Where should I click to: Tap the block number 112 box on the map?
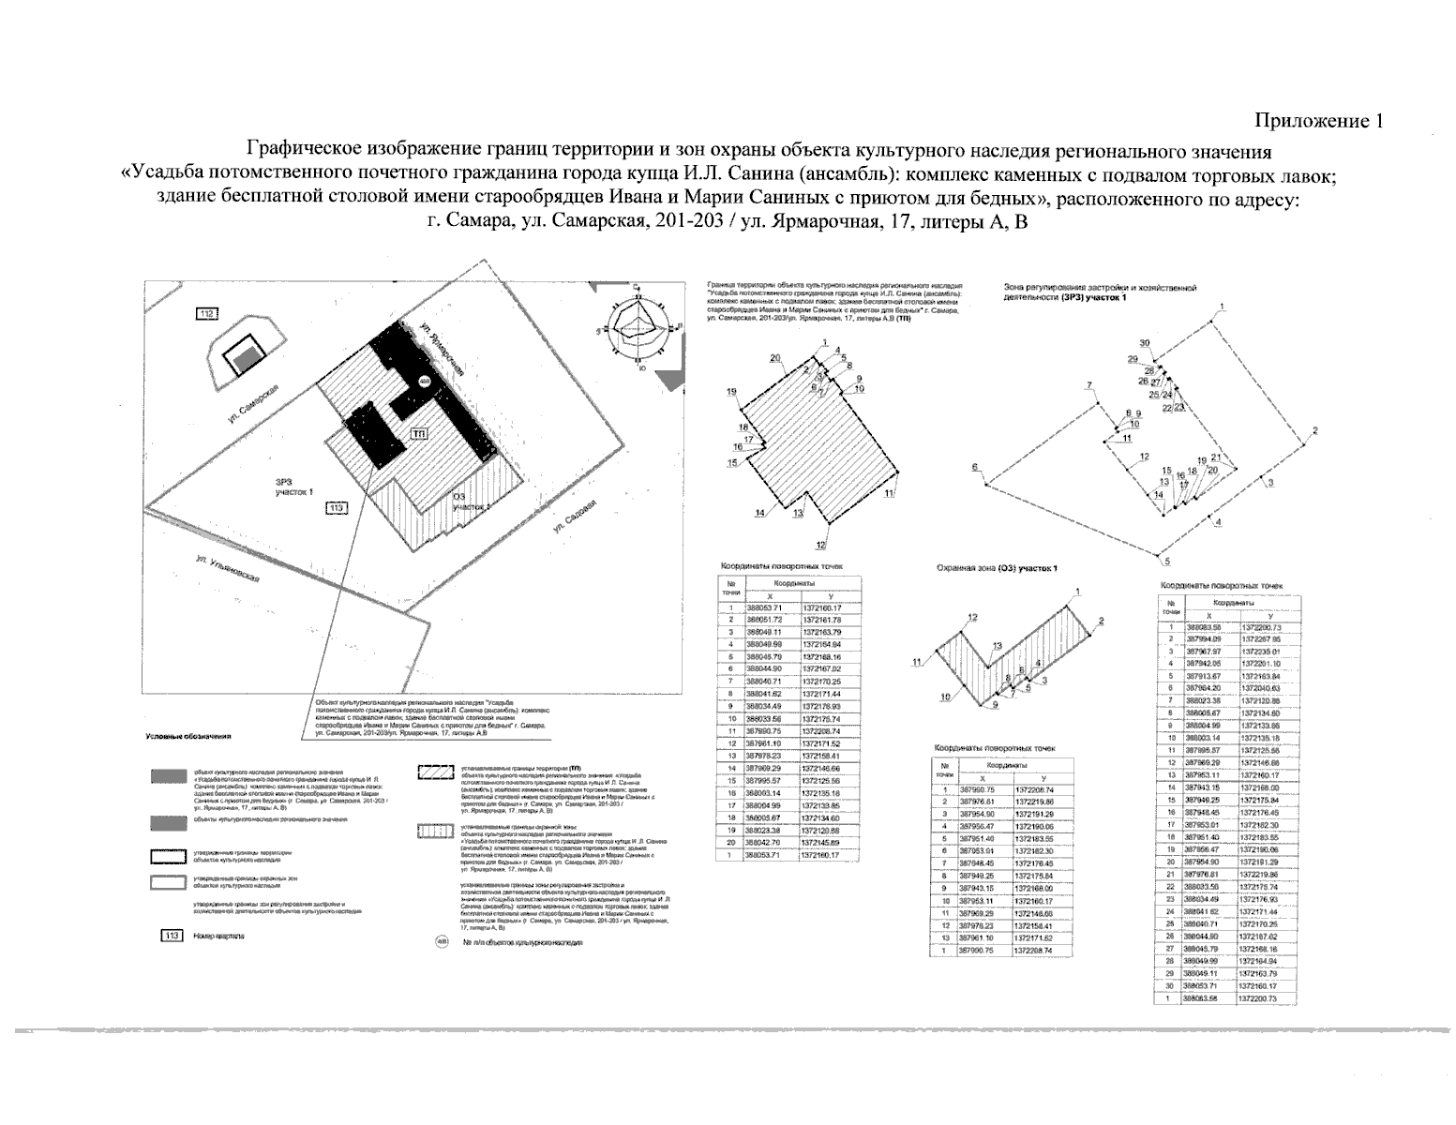pyautogui.click(x=206, y=313)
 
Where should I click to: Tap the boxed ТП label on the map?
pyautogui.click(x=419, y=434)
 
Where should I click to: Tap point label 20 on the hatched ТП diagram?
pyautogui.click(x=775, y=358)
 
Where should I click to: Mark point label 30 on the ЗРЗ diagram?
pyautogui.click(x=1144, y=343)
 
